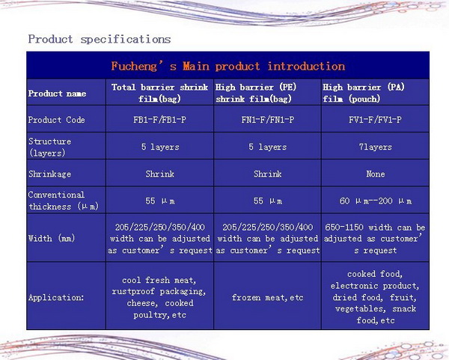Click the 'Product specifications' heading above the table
[100, 39]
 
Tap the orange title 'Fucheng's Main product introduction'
[228, 66]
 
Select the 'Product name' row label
[57, 94]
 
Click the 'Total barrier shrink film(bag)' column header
[160, 93]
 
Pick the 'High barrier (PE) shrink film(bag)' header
[256, 93]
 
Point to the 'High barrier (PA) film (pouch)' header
[364, 93]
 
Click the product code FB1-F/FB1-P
[160, 120]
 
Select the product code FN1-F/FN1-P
[267, 120]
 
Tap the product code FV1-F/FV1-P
[375, 120]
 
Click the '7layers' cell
[375, 147]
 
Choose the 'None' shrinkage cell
[376, 174]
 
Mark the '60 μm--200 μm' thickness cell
[376, 201]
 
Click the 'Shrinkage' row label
[49, 174]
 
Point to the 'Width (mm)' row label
[52, 238]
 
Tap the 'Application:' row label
[56, 298]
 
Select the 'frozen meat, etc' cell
[267, 298]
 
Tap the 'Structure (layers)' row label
[49, 147]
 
